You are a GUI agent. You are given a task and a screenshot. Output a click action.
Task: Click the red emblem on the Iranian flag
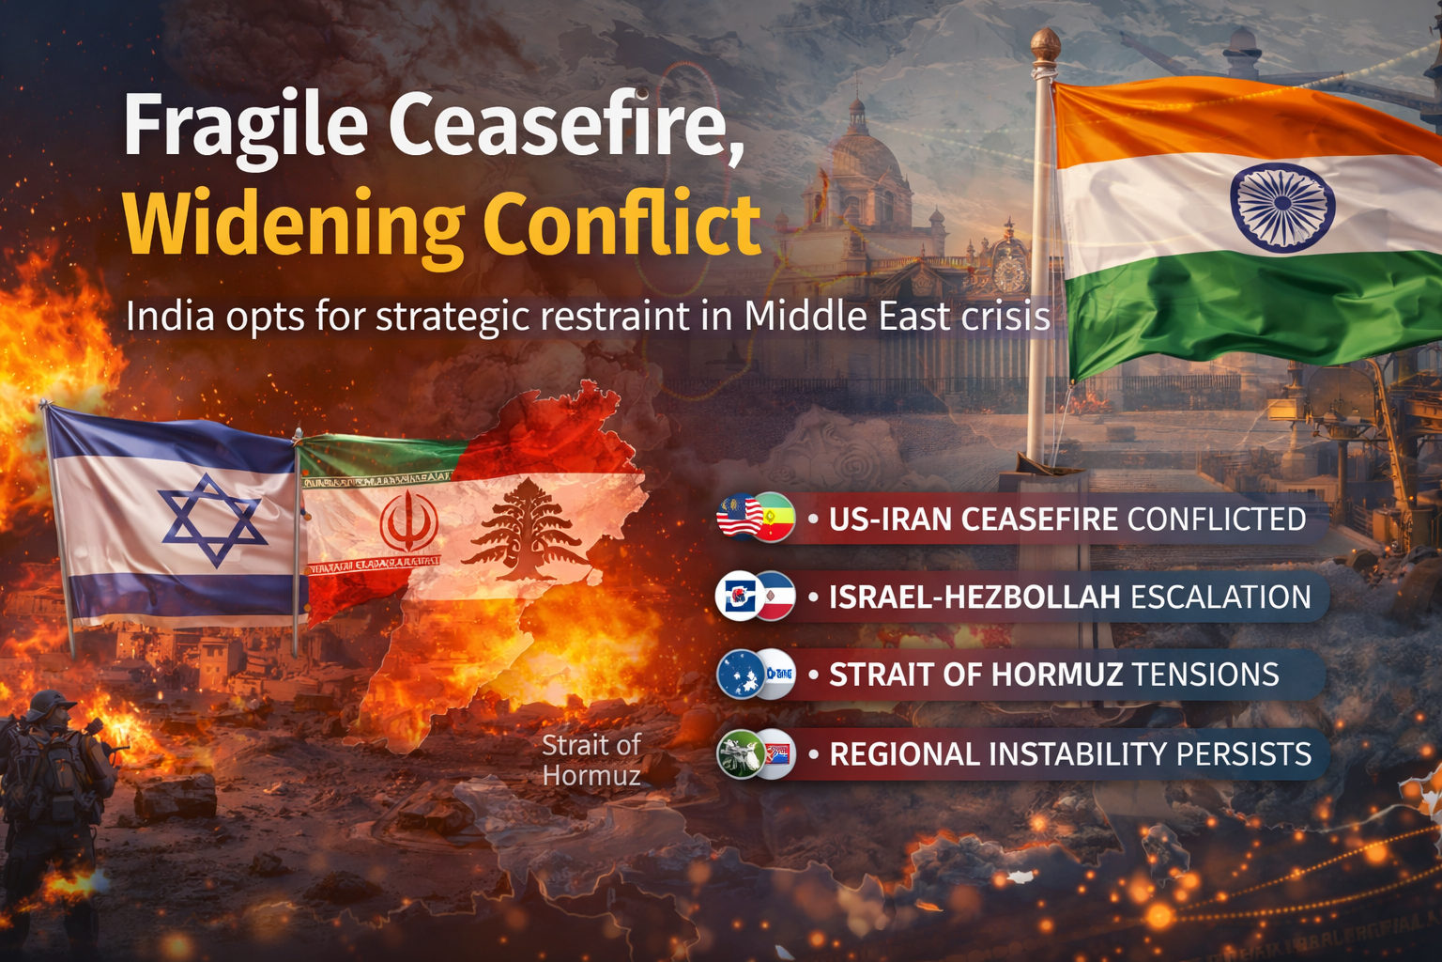click(409, 522)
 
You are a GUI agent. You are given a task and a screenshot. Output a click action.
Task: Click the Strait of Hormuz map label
click(591, 760)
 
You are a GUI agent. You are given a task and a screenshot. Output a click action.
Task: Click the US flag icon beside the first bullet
click(739, 517)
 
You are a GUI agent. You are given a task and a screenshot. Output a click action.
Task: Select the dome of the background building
click(856, 150)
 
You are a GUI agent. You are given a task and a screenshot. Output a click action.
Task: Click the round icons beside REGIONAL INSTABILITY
click(756, 753)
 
